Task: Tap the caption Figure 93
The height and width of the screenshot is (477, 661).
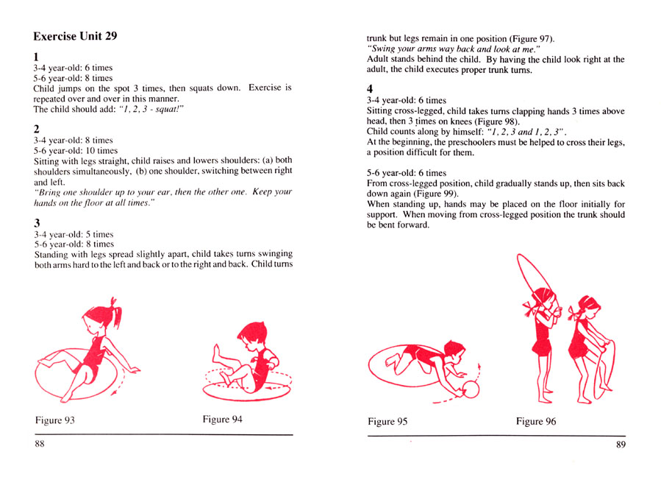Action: (x=55, y=421)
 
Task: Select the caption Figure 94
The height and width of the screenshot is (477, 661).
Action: (x=222, y=420)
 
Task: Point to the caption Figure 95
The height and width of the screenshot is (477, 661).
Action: (x=387, y=422)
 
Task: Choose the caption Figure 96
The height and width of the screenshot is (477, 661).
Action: (x=540, y=422)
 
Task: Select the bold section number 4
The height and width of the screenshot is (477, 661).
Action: (x=371, y=87)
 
